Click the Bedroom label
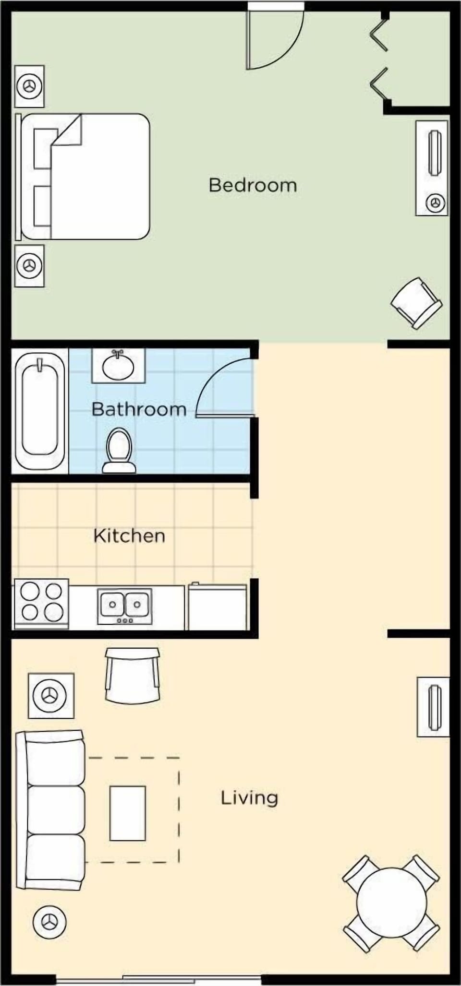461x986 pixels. [x=253, y=185]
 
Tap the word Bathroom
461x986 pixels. [x=139, y=409]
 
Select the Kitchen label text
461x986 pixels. [x=129, y=535]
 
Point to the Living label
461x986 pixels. [x=249, y=797]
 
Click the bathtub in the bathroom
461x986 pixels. [x=40, y=411]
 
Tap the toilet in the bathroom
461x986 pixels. [x=119, y=450]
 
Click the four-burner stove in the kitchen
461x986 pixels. [x=42, y=603]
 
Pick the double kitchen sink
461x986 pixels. [x=125, y=606]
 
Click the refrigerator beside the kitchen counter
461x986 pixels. [x=217, y=607]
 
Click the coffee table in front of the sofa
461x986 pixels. [x=128, y=813]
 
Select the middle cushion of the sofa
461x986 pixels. [x=56, y=810]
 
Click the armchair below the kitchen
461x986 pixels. [x=132, y=674]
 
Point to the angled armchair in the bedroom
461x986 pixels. [x=416, y=303]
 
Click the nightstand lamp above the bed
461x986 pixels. [x=29, y=86]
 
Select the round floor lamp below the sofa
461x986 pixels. [x=49, y=922]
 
